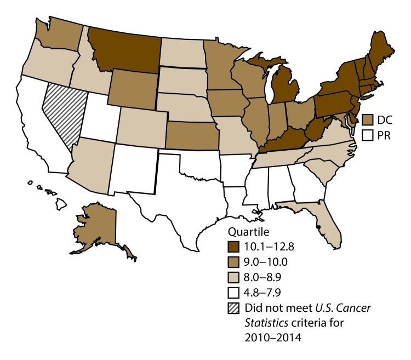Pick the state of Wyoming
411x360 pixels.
pos(134,88)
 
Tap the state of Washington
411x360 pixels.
pos(59,38)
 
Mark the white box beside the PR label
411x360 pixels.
pos(368,135)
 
